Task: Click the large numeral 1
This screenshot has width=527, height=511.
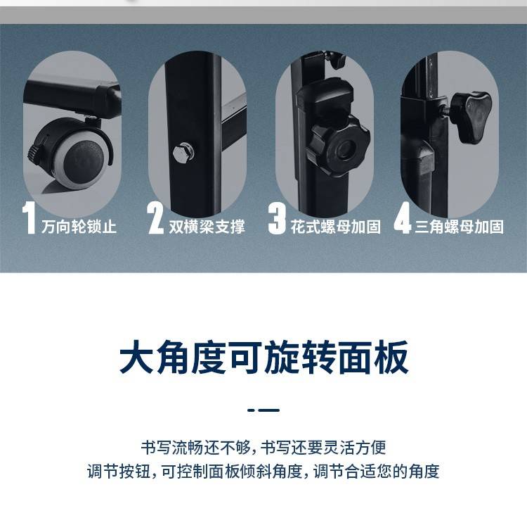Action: [30, 217]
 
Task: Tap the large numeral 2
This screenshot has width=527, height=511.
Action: [155, 218]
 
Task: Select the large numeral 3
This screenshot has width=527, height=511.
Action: [277, 218]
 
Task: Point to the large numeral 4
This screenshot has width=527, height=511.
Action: [403, 217]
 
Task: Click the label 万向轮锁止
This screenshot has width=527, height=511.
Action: [79, 227]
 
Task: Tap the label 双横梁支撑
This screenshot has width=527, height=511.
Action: [207, 227]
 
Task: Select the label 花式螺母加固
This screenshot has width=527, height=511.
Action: [335, 227]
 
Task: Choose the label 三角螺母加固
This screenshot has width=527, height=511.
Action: [459, 227]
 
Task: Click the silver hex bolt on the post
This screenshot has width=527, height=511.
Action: [183, 153]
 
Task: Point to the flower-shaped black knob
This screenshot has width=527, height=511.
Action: [339, 147]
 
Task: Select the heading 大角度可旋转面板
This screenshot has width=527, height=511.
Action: [263, 357]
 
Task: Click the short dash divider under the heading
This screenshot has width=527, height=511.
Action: [263, 410]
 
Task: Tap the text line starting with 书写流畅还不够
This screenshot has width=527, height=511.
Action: [263, 448]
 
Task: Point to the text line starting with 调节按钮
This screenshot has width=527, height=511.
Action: [263, 471]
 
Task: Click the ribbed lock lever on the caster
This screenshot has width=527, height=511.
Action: [33, 154]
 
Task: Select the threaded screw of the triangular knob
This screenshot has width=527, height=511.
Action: [445, 111]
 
